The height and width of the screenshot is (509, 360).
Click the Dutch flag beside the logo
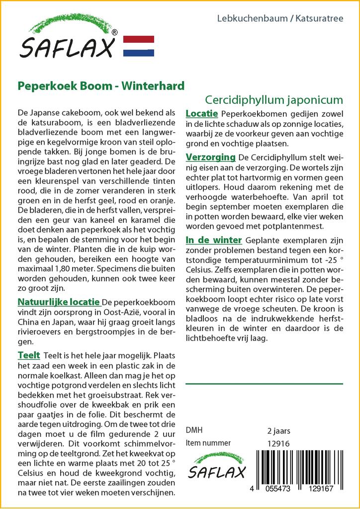point(138,46)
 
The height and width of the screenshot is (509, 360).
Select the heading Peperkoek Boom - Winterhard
point(101,86)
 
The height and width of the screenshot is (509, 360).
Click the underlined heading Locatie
point(201,114)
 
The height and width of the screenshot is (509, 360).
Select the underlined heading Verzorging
point(210,158)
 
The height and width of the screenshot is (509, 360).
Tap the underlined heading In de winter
point(214,240)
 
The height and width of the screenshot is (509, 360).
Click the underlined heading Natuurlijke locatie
point(59,302)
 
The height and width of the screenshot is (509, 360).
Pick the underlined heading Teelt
point(29,355)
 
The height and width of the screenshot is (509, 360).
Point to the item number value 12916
point(278,443)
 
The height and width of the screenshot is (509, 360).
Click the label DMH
point(194,430)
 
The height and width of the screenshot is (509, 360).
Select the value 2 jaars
point(278,430)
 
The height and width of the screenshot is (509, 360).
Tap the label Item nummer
point(208,443)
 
